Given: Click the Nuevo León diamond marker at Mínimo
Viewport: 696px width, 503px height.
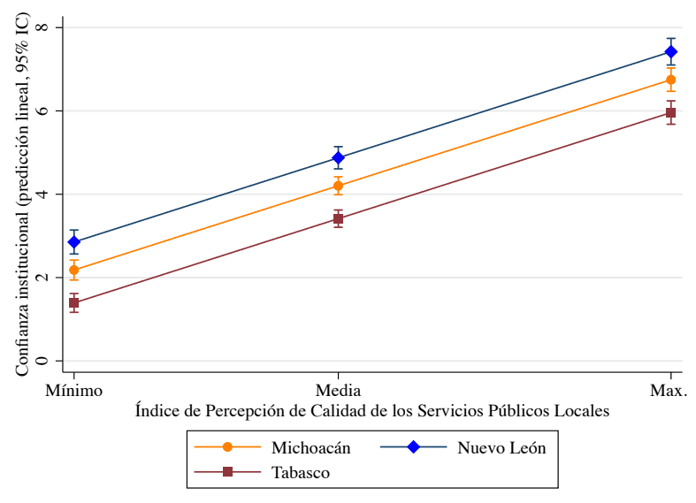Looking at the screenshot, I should click(x=74, y=241).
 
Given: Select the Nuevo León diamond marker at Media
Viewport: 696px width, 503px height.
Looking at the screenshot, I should click(x=338, y=158).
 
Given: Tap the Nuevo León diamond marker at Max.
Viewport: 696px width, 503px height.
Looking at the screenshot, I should click(x=671, y=51).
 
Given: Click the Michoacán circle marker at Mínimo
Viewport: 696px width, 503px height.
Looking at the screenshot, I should click(x=74, y=270).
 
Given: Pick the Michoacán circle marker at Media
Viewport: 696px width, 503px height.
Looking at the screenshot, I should click(x=338, y=186).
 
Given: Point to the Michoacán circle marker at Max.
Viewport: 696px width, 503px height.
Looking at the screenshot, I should click(x=671, y=80).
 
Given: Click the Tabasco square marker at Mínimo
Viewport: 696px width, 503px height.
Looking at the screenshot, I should click(x=74, y=302).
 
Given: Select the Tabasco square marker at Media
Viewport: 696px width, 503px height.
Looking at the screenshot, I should click(x=338, y=218).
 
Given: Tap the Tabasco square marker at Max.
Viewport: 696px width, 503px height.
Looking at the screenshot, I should click(x=671, y=112).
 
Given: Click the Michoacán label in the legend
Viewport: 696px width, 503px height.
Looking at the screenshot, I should click(x=311, y=447).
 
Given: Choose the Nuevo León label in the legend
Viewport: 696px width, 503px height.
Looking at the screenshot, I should click(x=501, y=447).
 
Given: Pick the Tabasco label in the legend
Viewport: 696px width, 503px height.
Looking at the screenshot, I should click(x=301, y=472).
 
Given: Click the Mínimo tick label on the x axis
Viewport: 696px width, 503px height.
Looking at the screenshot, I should click(x=74, y=390).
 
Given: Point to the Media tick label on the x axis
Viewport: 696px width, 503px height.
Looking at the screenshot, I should click(x=338, y=390).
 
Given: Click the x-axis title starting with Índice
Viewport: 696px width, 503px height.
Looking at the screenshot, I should click(x=372, y=411).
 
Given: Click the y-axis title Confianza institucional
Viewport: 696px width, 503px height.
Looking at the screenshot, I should click(x=21, y=194).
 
